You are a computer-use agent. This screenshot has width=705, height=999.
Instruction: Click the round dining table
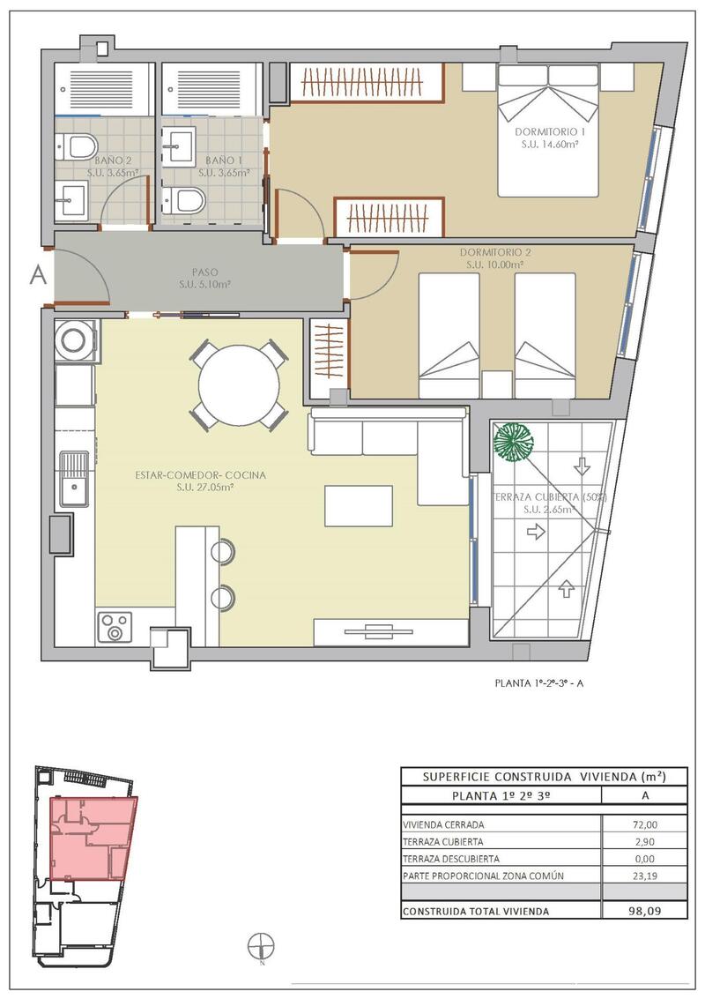tap(239, 385)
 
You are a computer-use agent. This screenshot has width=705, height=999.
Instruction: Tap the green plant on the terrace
tap(514, 441)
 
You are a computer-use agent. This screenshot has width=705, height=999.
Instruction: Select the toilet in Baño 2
tap(80, 146)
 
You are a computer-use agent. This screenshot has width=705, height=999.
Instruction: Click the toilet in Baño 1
tap(185, 201)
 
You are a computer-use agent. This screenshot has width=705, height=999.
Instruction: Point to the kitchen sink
tap(74, 479)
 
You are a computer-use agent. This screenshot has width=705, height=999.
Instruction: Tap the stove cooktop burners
tap(115, 626)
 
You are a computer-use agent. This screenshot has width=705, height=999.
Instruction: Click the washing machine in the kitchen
tap(75, 341)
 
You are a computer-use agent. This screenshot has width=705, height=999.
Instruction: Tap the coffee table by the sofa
tap(358, 506)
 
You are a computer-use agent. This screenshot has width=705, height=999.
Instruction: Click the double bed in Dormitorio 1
tap(548, 130)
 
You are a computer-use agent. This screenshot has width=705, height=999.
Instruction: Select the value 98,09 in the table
tap(645, 911)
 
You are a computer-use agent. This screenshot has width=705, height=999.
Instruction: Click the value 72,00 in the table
tap(645, 824)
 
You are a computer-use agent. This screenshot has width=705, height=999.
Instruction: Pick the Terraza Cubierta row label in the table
tap(442, 842)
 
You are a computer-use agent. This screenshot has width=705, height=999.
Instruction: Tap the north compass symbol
tap(262, 944)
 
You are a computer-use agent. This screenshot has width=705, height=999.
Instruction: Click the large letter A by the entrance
tap(38, 275)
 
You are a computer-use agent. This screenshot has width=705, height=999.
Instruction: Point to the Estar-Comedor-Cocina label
tap(200, 475)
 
